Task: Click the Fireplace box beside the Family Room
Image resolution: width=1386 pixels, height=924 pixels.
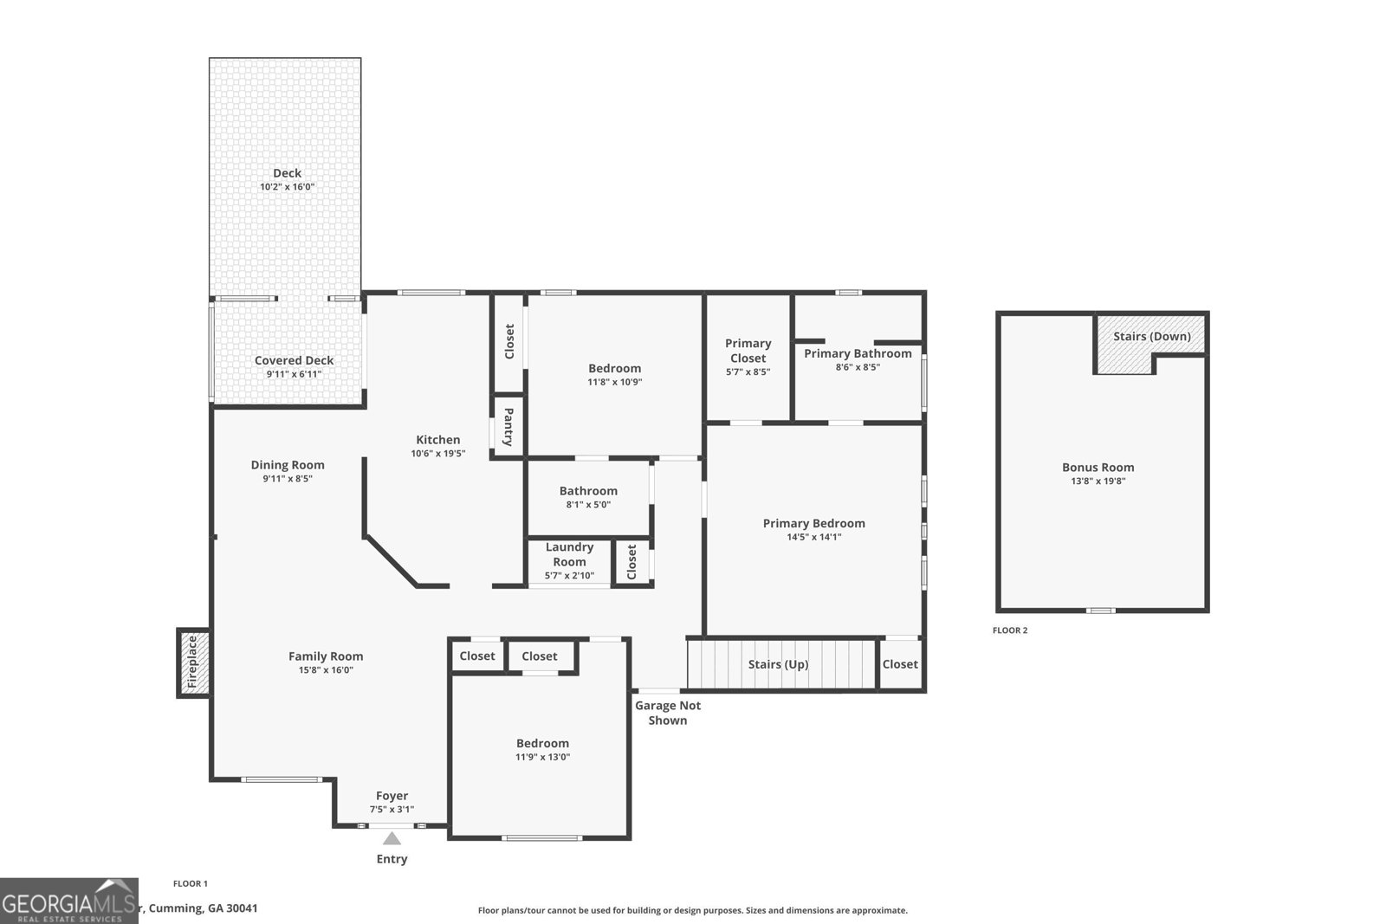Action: coord(193,663)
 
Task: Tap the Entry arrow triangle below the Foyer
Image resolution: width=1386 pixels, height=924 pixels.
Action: coord(392,838)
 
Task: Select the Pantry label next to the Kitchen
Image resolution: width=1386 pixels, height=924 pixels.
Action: coord(508,426)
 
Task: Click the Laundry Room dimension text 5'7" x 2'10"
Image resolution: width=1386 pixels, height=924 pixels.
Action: coord(569,575)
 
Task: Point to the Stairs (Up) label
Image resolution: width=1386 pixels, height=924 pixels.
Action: coord(778,664)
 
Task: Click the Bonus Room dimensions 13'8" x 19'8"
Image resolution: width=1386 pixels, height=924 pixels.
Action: coord(1098,481)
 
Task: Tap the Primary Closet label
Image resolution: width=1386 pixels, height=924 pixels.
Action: coord(748,351)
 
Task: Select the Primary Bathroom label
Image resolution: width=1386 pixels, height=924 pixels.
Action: coord(858,353)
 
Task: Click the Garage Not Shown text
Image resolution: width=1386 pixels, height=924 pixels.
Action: coord(668,713)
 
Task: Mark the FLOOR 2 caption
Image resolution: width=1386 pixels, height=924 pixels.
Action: coord(1010,630)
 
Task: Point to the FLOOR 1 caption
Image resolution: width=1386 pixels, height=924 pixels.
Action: coord(191,883)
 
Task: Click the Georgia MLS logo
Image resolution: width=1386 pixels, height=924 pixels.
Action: coord(68,901)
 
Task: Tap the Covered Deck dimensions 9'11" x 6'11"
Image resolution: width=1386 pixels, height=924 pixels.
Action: coord(294,374)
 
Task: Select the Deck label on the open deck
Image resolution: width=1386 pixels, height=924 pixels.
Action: coord(287,173)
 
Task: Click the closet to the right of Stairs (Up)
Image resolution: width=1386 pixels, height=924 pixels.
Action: coord(900,664)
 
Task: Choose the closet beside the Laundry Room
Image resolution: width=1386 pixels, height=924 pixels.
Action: coord(631,562)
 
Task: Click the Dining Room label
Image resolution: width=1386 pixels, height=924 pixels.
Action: coord(288,465)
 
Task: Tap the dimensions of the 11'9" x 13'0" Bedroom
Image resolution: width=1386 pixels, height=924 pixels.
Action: coord(542,757)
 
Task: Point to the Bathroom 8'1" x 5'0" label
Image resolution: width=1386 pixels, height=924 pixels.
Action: coord(588,491)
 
